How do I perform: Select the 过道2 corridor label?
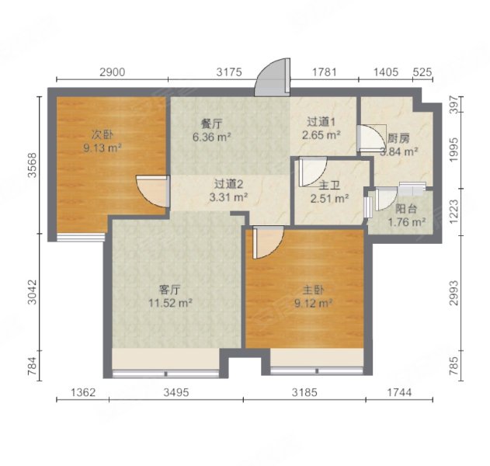230,184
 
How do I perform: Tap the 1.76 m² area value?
407,222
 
